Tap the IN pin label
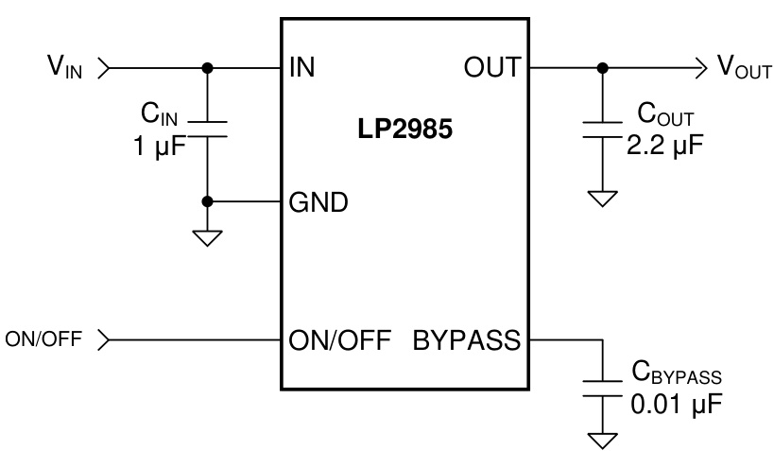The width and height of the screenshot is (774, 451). point(302,68)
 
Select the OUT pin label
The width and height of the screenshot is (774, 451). point(491,68)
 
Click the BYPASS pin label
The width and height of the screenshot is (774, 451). point(467,338)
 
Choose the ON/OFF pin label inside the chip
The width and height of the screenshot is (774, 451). point(339,338)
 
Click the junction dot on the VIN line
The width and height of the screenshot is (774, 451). point(207,68)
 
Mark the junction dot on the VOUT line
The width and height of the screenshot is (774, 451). point(602,68)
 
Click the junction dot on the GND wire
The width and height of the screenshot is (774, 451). point(207,201)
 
